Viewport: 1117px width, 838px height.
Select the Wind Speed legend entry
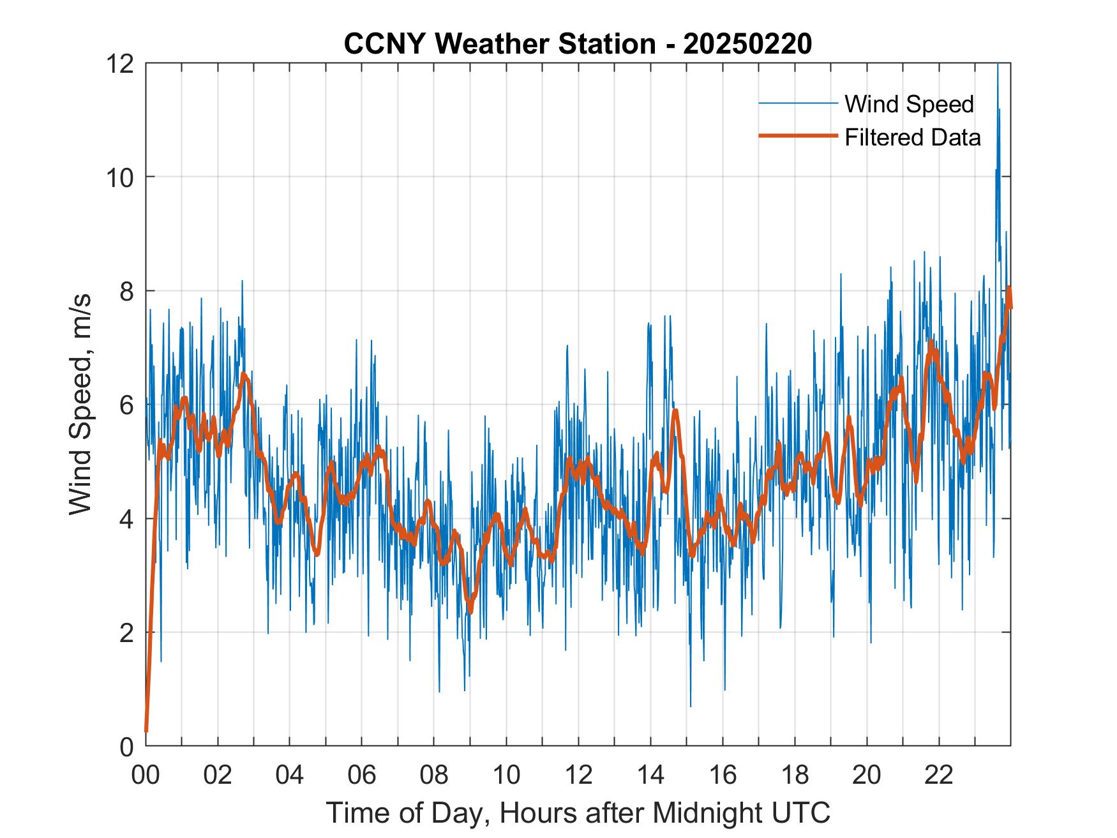click(909, 104)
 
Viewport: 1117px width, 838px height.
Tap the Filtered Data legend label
click(912, 137)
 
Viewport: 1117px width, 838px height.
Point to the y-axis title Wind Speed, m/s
click(81, 404)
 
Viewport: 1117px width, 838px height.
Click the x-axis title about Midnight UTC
click(578, 812)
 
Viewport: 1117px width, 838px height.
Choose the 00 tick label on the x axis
click(146, 775)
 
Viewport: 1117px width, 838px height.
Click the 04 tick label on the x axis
click(290, 775)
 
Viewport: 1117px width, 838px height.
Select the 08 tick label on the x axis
click(434, 775)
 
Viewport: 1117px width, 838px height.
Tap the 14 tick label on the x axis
click(650, 775)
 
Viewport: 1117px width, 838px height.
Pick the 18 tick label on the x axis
click(795, 775)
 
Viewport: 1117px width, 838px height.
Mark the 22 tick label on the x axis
click(939, 775)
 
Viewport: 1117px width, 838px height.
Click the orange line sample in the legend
click(798, 135)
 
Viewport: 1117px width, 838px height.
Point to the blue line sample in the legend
click(798, 103)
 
